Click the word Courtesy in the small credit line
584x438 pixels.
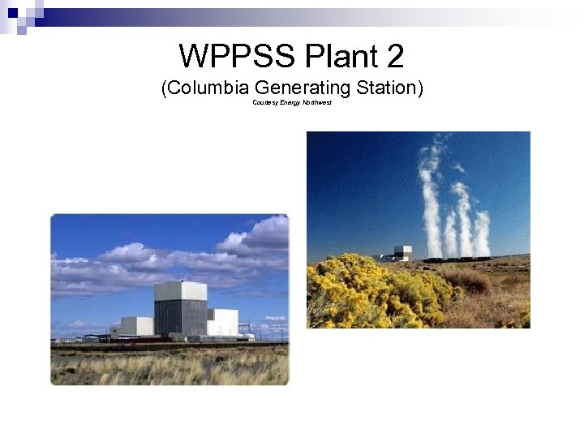coord(265,103)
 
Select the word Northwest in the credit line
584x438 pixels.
coord(317,103)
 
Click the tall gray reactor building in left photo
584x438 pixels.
coord(180,308)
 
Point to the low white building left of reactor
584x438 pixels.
coord(136,326)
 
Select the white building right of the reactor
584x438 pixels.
coord(222,322)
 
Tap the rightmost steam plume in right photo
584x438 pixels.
coord(482,234)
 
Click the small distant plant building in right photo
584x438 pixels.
coord(401,253)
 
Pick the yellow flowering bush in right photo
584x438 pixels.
coord(365,292)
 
